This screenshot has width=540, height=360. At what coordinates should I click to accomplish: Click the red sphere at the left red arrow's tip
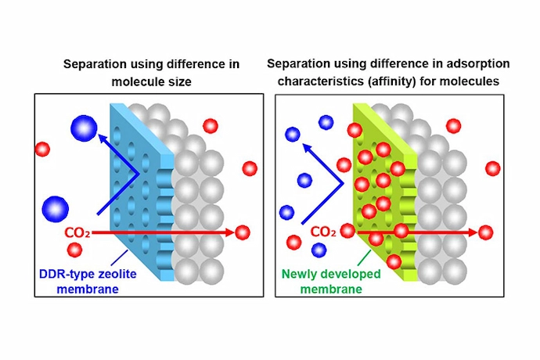pyautogui.click(x=243, y=232)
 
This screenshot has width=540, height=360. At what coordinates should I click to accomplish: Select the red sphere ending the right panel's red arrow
pyautogui.click(x=486, y=232)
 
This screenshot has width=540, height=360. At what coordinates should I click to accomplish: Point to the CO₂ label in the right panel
pyautogui.click(x=324, y=232)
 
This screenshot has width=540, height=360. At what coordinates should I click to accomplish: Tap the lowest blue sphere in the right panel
pyautogui.click(x=319, y=250)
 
